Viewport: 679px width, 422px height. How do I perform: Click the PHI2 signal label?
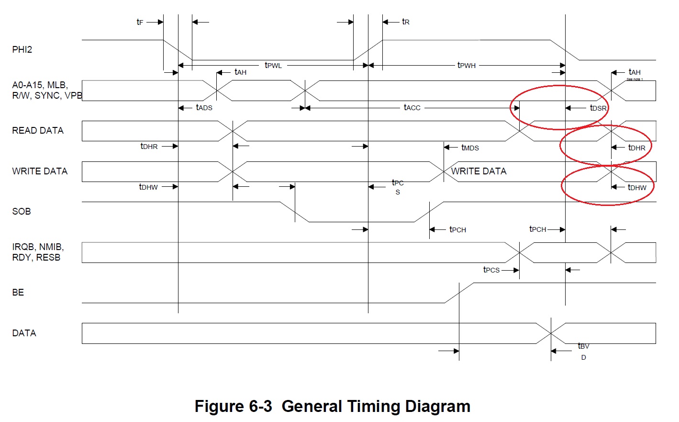point(22,49)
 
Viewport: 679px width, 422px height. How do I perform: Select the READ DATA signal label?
point(38,130)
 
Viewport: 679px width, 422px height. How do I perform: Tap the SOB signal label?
point(22,211)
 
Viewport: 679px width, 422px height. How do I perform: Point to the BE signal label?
point(18,292)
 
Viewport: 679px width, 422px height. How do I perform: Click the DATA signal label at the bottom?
point(24,333)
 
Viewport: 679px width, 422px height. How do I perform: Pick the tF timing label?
point(140,22)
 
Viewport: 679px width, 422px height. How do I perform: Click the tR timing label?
point(405,22)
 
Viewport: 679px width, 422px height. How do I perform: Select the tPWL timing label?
point(273,65)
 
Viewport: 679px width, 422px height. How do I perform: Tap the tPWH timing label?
point(466,65)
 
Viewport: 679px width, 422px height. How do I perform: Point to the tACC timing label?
point(412,108)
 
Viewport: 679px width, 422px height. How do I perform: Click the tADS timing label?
point(204,108)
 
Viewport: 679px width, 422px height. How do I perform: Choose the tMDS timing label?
point(470,148)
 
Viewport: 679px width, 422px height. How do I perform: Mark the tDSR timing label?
point(598,108)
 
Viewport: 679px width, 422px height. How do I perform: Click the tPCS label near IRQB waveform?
point(491,270)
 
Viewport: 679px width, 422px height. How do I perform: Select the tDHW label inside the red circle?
point(637,187)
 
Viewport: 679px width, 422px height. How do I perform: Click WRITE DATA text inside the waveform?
point(479,171)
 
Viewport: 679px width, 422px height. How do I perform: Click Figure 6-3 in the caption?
point(233,406)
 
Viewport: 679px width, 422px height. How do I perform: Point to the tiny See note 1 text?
point(634,79)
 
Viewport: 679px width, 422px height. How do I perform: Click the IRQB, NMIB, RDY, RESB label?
point(38,252)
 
